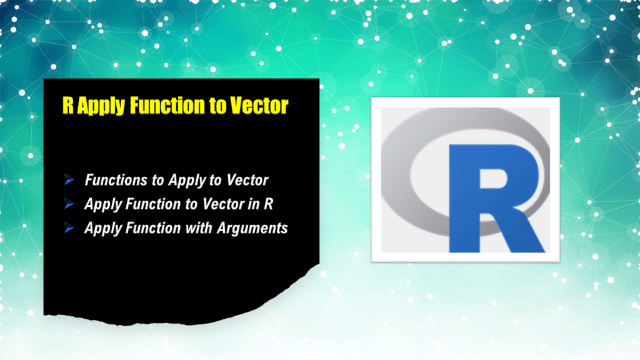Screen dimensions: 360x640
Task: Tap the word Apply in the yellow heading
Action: click(x=99, y=105)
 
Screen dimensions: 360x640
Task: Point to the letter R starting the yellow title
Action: click(x=67, y=105)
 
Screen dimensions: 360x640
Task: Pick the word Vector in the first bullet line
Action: click(x=247, y=181)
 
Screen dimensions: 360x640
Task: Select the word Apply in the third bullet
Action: click(x=102, y=228)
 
